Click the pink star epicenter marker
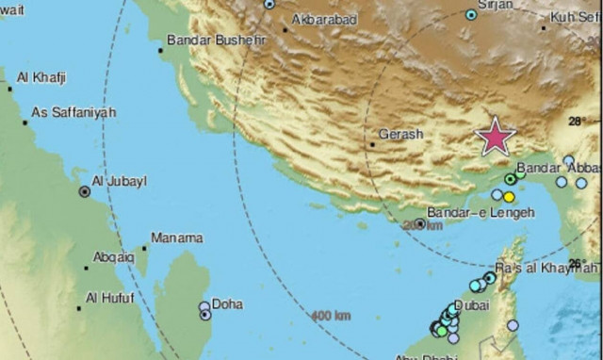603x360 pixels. click(495, 138)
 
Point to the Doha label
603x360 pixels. click(227, 304)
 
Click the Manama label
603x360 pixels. click(176, 237)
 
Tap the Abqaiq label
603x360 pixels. click(114, 256)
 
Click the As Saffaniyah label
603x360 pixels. click(73, 112)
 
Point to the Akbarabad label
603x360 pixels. click(325, 19)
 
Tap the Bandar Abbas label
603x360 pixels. click(551, 168)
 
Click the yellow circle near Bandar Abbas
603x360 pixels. click(509, 197)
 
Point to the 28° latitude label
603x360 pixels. click(578, 121)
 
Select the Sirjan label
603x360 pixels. click(496, 5)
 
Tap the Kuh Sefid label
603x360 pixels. click(575, 18)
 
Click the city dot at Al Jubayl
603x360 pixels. click(84, 191)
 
